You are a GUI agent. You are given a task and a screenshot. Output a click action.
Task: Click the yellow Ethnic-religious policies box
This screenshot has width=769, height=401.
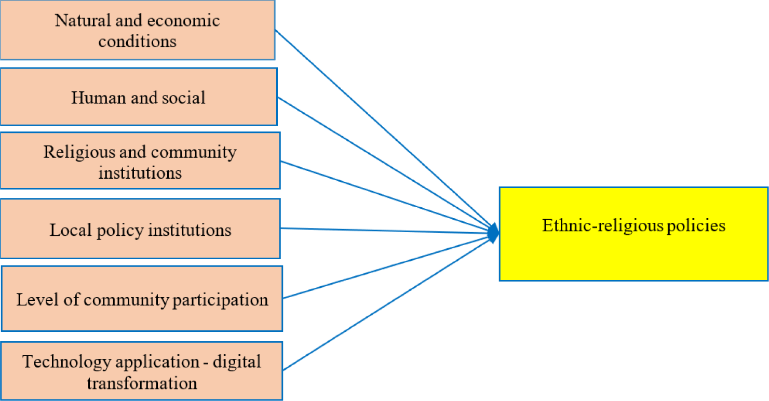click(633, 234)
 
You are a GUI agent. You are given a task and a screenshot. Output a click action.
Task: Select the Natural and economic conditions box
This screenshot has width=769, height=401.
click(137, 30)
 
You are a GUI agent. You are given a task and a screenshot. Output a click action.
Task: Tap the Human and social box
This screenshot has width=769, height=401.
click(138, 97)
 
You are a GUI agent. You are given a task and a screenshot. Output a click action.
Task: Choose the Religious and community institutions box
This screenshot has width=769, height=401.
click(140, 161)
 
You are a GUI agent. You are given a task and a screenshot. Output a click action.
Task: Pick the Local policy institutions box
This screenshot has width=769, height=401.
click(140, 229)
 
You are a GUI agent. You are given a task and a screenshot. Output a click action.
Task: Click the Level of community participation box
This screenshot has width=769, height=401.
click(142, 299)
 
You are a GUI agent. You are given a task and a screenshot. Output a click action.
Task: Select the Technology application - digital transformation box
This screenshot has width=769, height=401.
click(142, 371)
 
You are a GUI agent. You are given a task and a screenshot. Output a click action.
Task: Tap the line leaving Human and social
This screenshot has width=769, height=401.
click(384, 164)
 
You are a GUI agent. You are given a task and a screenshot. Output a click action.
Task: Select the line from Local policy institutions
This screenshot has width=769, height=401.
click(384, 231)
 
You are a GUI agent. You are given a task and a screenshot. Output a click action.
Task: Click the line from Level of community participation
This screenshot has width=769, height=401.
click(384, 266)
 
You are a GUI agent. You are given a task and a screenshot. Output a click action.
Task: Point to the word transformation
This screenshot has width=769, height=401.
click(142, 383)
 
